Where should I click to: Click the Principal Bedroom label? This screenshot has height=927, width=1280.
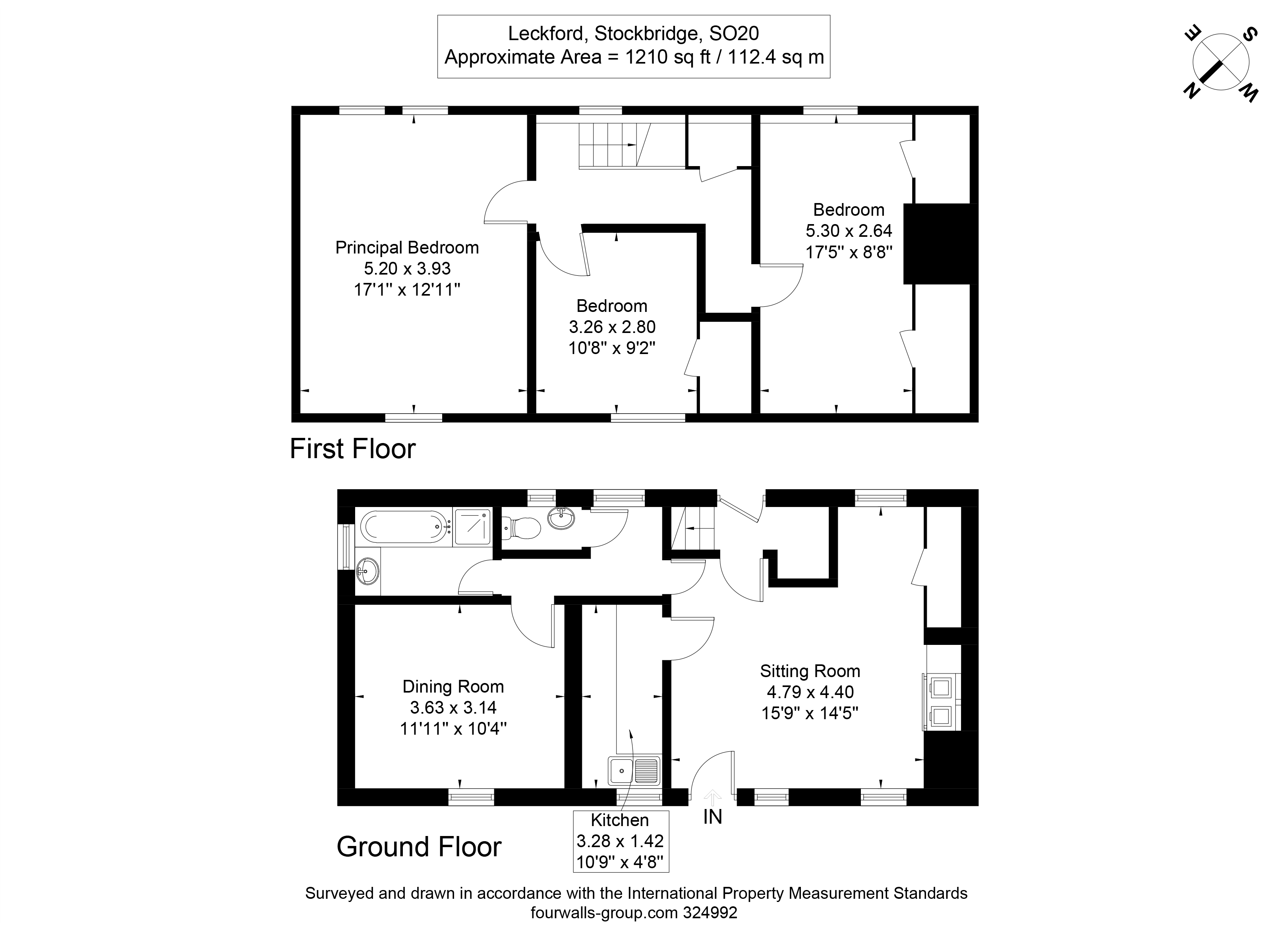(406, 248)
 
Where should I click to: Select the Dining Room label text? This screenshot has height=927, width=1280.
(452, 687)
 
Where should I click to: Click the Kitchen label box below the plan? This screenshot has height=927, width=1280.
(620, 841)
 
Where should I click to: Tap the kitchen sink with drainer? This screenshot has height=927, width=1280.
(633, 770)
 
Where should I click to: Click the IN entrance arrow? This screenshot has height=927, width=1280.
(713, 798)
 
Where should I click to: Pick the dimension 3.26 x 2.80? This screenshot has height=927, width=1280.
(612, 327)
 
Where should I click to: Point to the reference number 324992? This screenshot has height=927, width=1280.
(710, 913)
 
